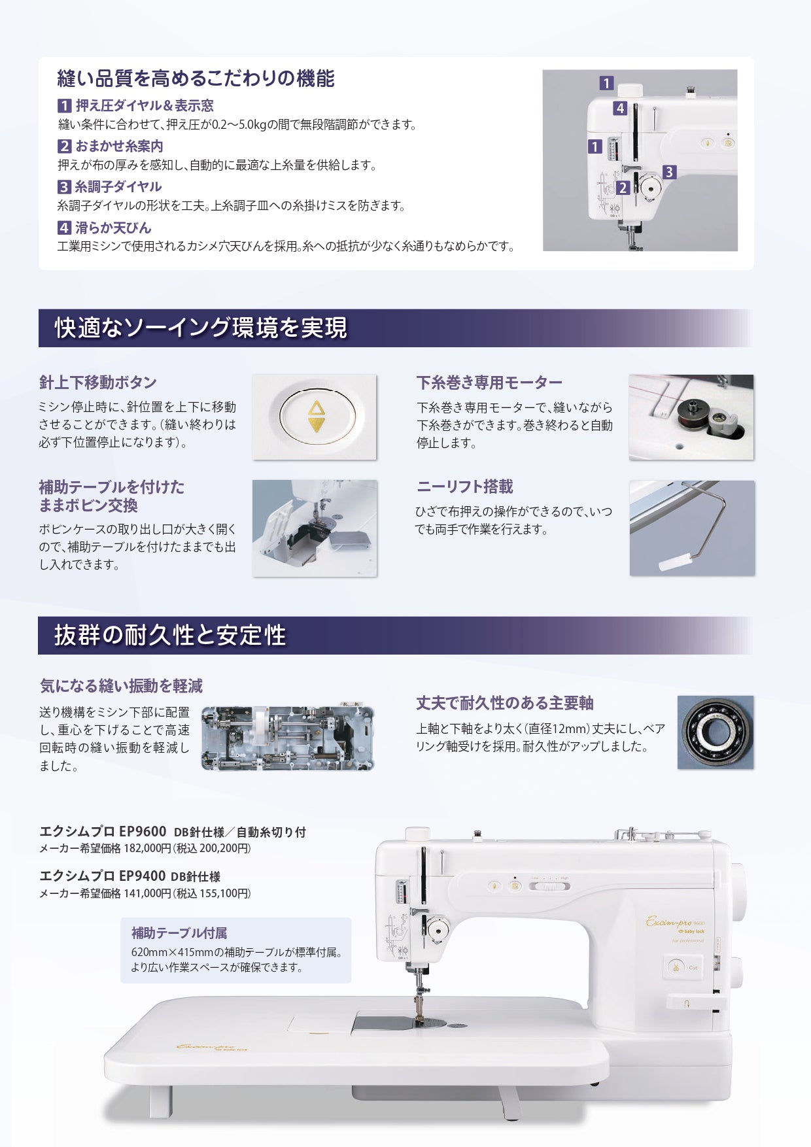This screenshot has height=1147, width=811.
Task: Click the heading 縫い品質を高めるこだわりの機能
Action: (196, 78)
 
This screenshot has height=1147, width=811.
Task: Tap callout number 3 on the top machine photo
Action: (668, 172)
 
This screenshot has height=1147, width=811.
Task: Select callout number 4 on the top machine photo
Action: (620, 109)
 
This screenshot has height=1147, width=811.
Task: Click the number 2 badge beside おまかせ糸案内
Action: (64, 146)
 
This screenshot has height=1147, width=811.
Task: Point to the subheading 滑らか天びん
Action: (113, 228)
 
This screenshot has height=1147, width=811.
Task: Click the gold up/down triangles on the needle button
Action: (316, 417)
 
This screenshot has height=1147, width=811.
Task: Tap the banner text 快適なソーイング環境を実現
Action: (201, 328)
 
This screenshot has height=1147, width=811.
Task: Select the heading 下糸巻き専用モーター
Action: (489, 383)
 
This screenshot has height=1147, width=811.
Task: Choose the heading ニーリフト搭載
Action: (464, 487)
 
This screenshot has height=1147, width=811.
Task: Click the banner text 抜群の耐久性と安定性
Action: (170, 635)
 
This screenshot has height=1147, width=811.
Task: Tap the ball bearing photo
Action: (716, 732)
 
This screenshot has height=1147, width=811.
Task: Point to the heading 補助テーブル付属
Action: (179, 933)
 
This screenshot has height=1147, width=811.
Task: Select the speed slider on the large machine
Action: (549, 886)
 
